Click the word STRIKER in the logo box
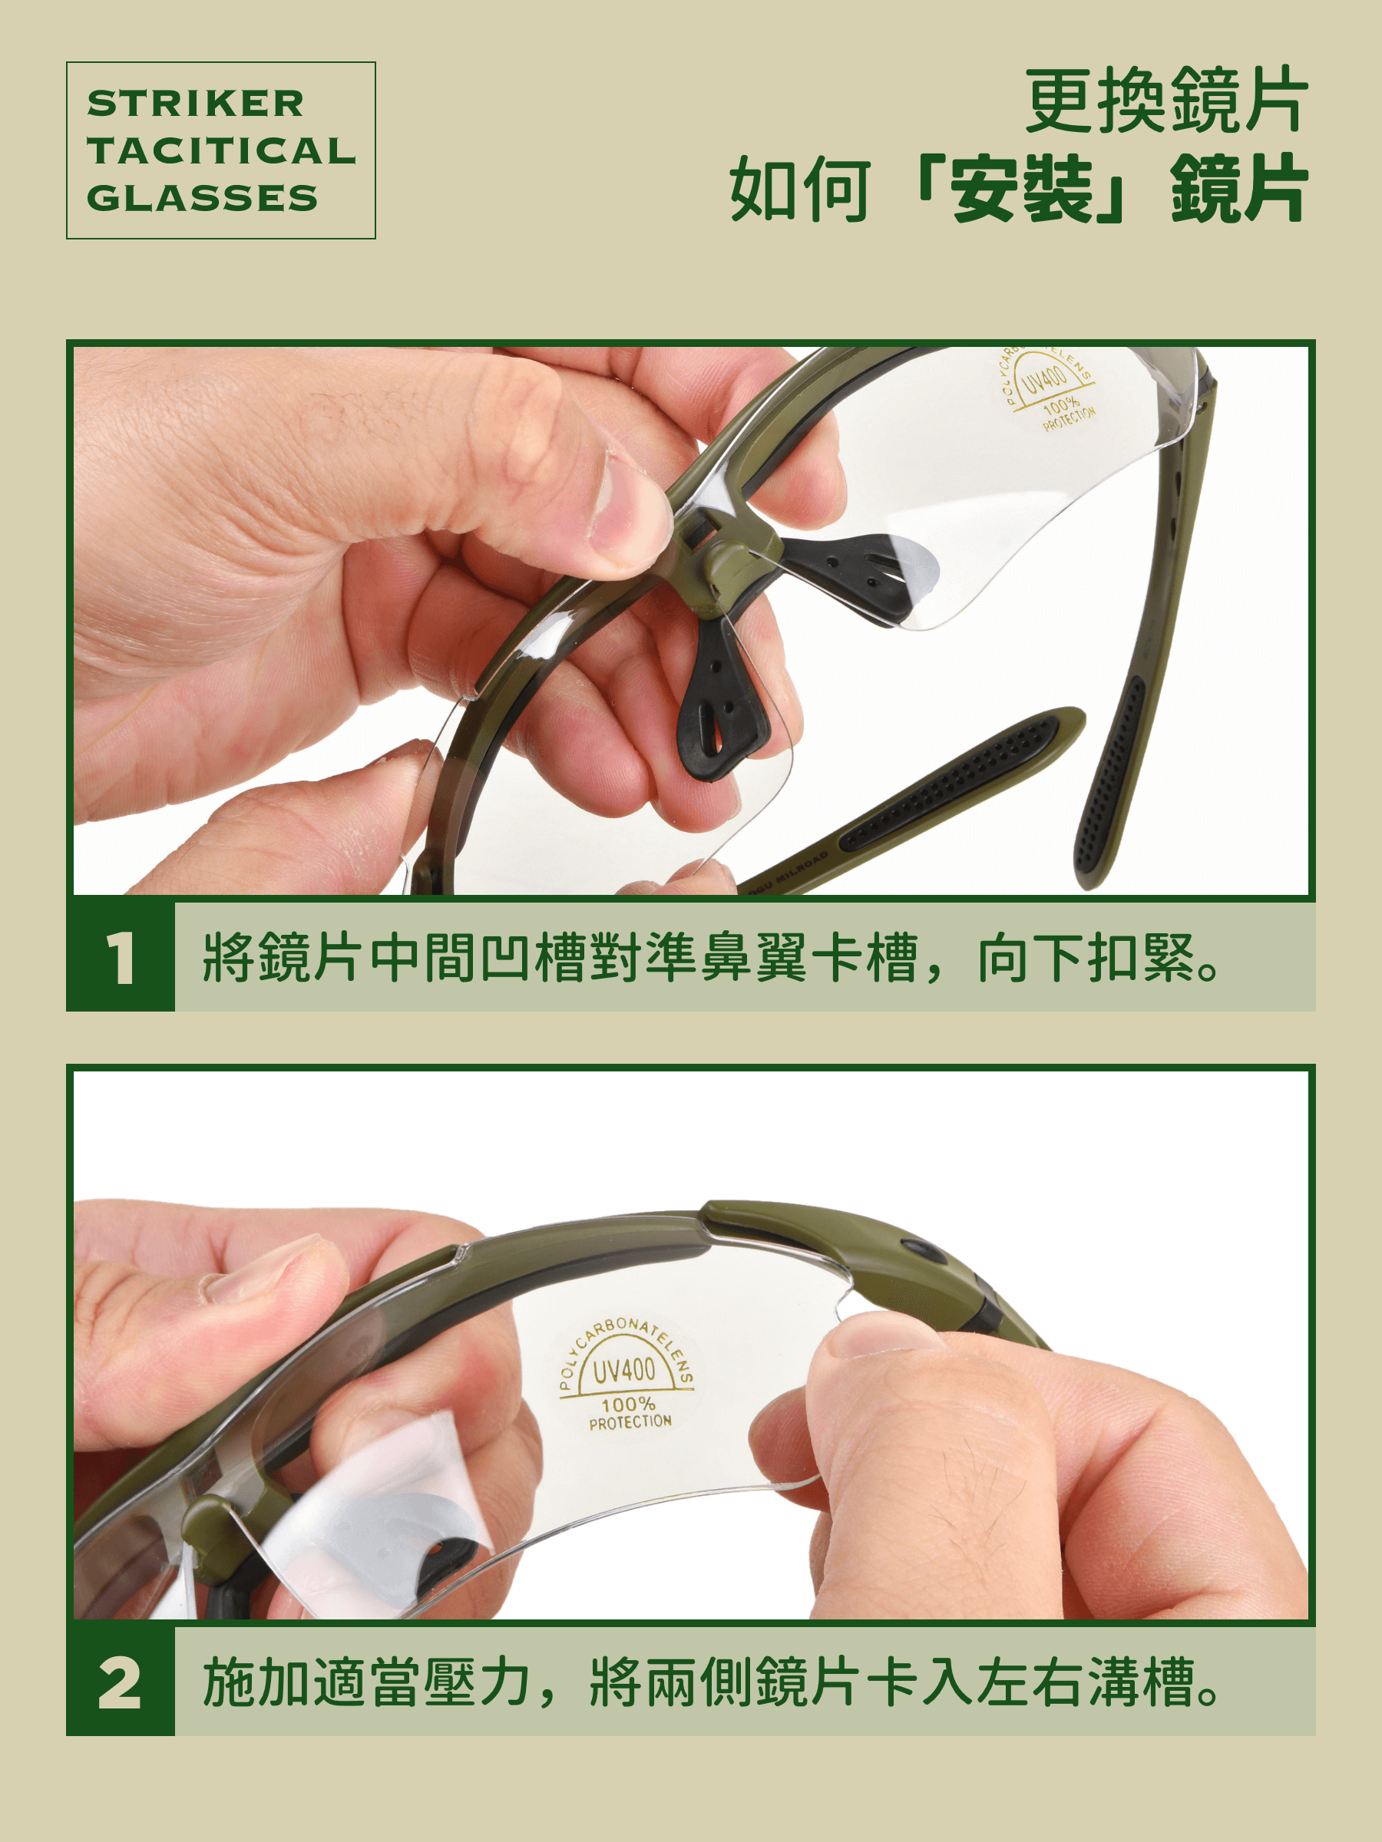196,104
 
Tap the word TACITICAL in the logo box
221,150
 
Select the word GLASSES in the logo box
203,198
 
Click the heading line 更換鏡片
1166,101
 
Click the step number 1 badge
121,958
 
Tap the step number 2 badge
121,1683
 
